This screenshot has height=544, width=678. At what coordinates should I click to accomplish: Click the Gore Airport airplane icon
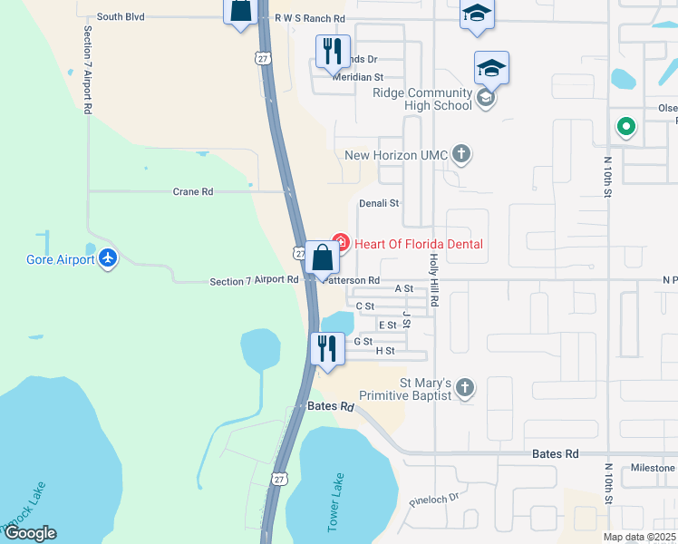pos(109,259)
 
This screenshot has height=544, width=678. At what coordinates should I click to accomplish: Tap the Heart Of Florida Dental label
pos(418,244)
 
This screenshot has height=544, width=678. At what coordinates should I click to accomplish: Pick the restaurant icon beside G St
pos(326,349)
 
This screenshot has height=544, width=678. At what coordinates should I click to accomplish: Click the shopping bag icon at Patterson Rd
pos(322,258)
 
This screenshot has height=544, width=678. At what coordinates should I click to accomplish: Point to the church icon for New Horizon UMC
pos(461,154)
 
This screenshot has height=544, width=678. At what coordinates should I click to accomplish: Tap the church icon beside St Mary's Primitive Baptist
pos(464,388)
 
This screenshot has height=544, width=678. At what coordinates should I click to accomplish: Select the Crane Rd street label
pos(193,192)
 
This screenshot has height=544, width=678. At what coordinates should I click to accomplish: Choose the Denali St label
pos(379,204)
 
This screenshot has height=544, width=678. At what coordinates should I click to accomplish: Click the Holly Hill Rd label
pos(434,278)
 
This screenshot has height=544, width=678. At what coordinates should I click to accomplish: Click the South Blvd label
pos(121,16)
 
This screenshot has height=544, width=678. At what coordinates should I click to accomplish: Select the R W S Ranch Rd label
pos(309,17)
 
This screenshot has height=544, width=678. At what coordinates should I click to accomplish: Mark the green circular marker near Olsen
pos(625,127)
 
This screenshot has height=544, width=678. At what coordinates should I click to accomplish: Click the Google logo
pos(30,533)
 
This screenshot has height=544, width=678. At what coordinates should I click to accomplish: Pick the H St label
pos(384,351)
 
